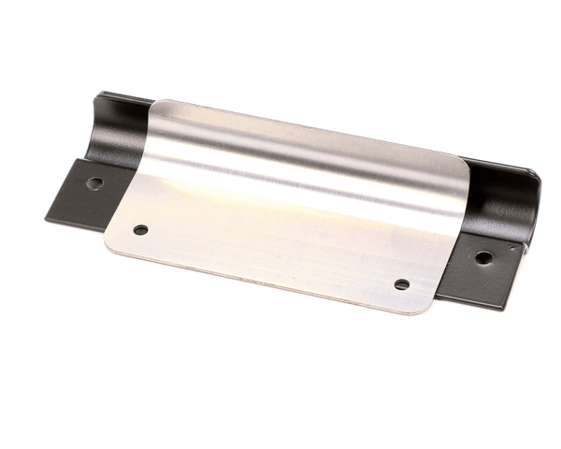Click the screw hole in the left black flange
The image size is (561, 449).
click(94, 183)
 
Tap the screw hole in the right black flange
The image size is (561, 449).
click(482, 257)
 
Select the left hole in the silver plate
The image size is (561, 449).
click(140, 229)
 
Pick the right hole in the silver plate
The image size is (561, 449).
click(401, 284)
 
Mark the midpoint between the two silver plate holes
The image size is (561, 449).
click(271, 257)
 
